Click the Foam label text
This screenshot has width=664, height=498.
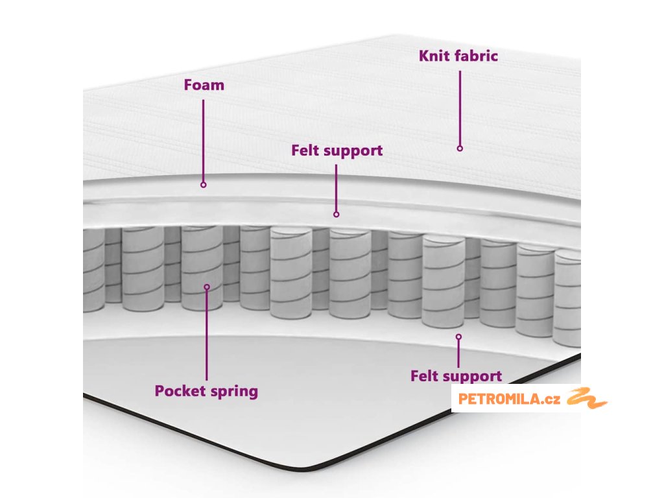click(x=204, y=85)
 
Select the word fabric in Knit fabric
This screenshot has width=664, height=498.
click(x=476, y=56)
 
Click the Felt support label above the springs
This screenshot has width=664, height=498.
click(x=337, y=151)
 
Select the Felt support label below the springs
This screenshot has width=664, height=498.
click(x=456, y=376)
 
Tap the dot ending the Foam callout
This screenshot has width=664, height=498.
click(x=203, y=185)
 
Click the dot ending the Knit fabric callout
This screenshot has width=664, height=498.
click(x=460, y=148)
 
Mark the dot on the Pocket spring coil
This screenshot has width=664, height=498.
click(x=207, y=287)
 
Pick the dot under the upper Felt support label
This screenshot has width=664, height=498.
click(x=336, y=214)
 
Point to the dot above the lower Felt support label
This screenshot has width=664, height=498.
click(x=458, y=337)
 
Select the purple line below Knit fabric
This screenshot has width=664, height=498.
click(x=460, y=107)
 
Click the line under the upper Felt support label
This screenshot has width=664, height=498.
click(x=336, y=188)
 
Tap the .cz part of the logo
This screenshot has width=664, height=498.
click(x=551, y=399)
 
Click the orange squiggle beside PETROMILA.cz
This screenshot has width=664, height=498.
click(x=586, y=398)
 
